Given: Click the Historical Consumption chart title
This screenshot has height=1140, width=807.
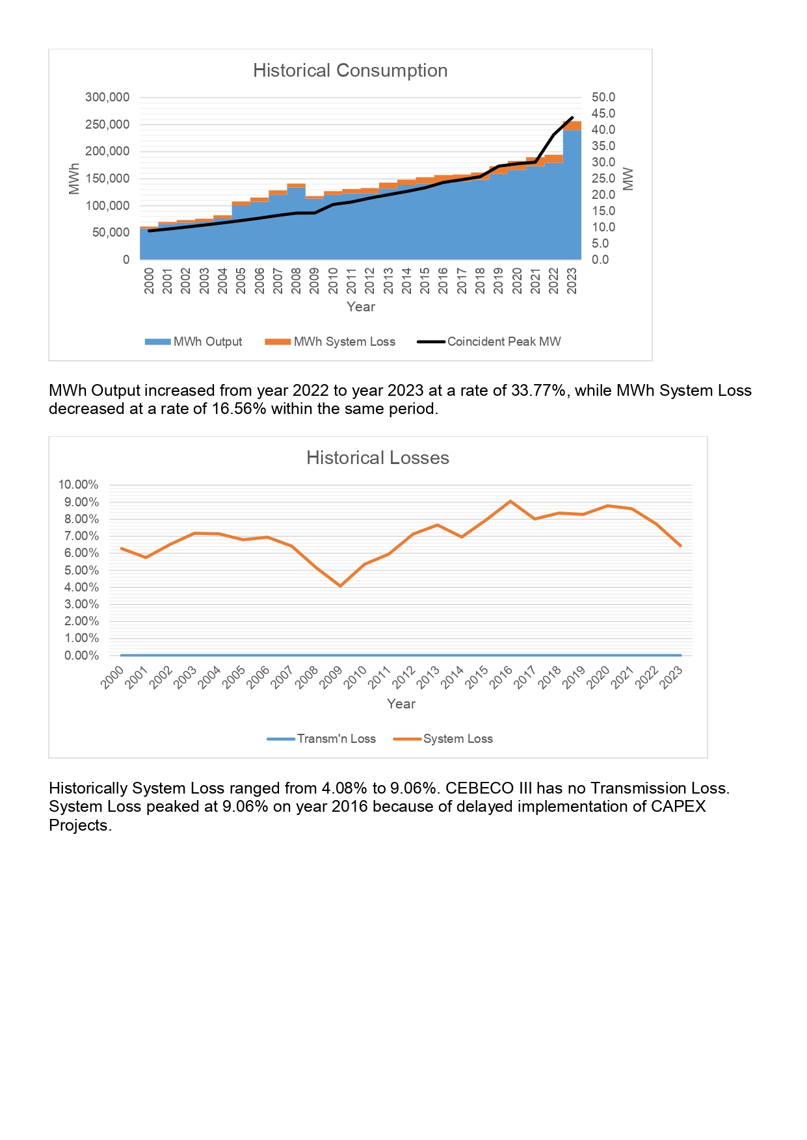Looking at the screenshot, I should [350, 70].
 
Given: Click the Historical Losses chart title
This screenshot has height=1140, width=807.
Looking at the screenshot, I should [377, 458].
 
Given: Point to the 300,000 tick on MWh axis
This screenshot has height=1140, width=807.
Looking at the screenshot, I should [107, 97].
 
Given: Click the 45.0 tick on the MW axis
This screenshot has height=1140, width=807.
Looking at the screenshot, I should [603, 114].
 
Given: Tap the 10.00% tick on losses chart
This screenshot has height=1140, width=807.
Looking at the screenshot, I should [78, 485].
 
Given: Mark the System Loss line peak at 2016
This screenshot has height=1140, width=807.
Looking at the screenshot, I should [510, 501].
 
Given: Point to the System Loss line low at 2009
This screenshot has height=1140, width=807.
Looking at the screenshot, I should [340, 586].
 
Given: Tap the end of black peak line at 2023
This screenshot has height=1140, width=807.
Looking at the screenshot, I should [572, 118].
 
